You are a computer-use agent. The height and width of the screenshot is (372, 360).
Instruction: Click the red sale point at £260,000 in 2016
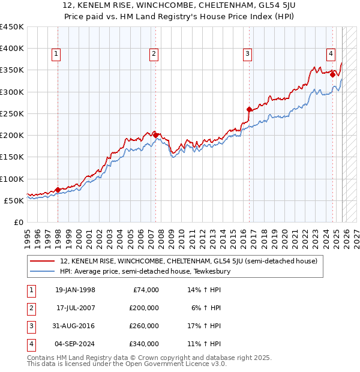point(250,109)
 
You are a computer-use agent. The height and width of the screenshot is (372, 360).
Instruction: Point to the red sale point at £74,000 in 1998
point(58,190)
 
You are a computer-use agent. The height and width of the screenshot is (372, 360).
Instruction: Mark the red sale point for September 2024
point(332,74)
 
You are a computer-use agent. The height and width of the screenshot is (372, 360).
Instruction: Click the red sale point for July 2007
point(155,135)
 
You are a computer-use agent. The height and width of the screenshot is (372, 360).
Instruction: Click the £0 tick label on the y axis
point(18,222)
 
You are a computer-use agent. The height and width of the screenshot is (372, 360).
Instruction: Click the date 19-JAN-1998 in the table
point(75,290)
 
